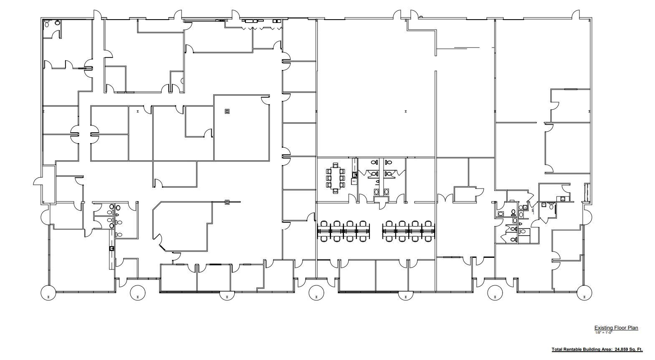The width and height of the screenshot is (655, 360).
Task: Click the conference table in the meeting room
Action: (335, 178)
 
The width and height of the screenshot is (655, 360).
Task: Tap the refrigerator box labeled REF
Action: (354, 181)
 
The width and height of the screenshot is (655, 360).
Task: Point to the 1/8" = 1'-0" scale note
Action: (603, 332)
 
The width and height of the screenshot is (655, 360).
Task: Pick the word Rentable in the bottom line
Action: (575, 350)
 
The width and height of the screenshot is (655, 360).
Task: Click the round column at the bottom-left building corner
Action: (48, 293)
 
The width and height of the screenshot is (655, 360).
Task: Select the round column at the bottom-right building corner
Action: (584, 293)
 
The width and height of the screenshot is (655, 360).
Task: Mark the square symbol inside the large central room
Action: (227, 111)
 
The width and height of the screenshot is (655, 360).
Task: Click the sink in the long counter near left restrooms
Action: (111, 249)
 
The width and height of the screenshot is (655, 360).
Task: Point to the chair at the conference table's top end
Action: (335, 165)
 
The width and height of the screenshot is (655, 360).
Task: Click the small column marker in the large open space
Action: (405, 111)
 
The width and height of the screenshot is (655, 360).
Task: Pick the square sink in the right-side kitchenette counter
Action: (563, 199)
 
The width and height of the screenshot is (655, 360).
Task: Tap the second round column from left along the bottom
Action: (138, 293)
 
